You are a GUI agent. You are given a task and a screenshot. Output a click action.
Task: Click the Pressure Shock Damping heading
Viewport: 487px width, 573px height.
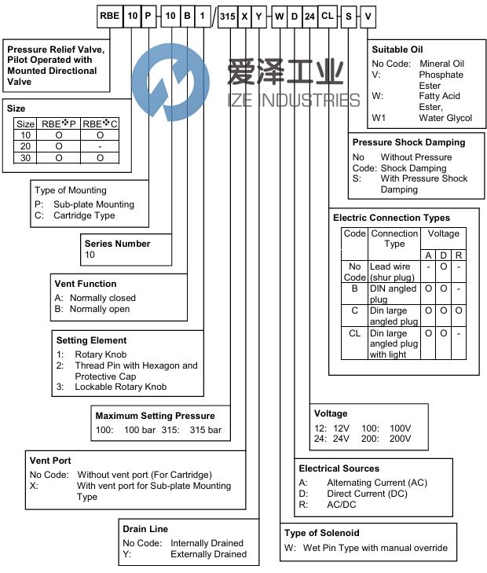(x=408, y=142)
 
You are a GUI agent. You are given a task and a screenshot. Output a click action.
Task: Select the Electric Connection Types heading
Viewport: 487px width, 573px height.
(x=392, y=218)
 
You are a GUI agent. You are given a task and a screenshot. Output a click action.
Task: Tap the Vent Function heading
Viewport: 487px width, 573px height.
(x=86, y=284)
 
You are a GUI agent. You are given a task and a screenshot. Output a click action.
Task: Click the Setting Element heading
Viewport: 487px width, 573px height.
(x=91, y=340)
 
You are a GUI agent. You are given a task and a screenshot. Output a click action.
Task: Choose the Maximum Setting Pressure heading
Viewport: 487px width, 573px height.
(x=155, y=416)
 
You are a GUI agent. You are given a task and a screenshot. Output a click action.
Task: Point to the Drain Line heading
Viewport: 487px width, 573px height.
(x=145, y=529)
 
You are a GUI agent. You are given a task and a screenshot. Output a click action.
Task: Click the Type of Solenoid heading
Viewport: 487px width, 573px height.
(x=322, y=534)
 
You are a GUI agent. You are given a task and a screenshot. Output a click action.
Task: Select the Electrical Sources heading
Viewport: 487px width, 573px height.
(x=339, y=468)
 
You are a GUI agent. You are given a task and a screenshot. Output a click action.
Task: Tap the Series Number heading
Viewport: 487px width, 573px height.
(x=116, y=244)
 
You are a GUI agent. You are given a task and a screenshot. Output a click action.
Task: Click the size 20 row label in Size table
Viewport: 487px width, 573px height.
(x=26, y=146)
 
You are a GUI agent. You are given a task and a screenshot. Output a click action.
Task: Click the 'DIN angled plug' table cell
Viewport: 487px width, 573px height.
(x=394, y=294)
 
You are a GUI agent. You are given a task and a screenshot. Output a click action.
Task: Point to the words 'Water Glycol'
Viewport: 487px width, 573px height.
(x=445, y=119)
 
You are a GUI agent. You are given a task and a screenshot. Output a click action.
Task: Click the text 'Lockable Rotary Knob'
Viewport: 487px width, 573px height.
(x=121, y=388)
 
